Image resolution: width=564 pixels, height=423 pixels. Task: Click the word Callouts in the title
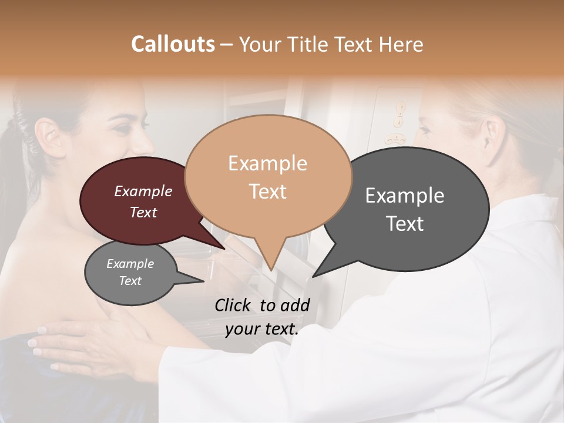(x=173, y=44)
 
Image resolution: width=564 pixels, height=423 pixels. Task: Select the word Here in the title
(x=399, y=44)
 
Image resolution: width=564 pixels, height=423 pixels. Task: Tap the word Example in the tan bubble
(x=267, y=163)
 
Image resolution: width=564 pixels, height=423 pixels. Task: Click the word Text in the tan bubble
(x=267, y=191)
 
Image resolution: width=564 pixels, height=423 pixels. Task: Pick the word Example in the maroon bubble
(x=143, y=191)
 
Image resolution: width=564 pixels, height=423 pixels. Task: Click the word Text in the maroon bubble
(x=143, y=212)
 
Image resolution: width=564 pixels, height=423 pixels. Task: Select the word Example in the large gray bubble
(x=404, y=196)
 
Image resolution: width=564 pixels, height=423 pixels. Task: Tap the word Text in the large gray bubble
(x=404, y=223)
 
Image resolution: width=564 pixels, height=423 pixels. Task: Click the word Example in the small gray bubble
(x=130, y=264)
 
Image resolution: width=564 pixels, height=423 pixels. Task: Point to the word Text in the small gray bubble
(x=130, y=281)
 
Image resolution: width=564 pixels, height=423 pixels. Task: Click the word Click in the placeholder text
(x=233, y=305)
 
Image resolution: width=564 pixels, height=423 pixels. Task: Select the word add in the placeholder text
(x=296, y=305)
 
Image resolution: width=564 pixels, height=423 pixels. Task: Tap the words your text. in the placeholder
(x=261, y=330)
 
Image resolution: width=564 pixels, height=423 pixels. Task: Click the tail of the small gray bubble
(x=200, y=281)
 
